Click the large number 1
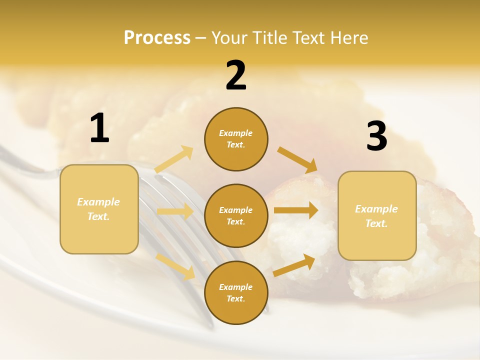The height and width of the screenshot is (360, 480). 99,128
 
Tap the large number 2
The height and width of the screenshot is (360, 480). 236,75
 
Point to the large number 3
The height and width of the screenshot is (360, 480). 376,136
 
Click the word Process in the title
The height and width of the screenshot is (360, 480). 157,37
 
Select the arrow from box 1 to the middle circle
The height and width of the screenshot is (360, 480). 175,211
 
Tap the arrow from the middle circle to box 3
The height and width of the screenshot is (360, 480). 296,210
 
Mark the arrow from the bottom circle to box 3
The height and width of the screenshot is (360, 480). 294,265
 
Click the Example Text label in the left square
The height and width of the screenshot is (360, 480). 98,209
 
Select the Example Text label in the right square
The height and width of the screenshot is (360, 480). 376,216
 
